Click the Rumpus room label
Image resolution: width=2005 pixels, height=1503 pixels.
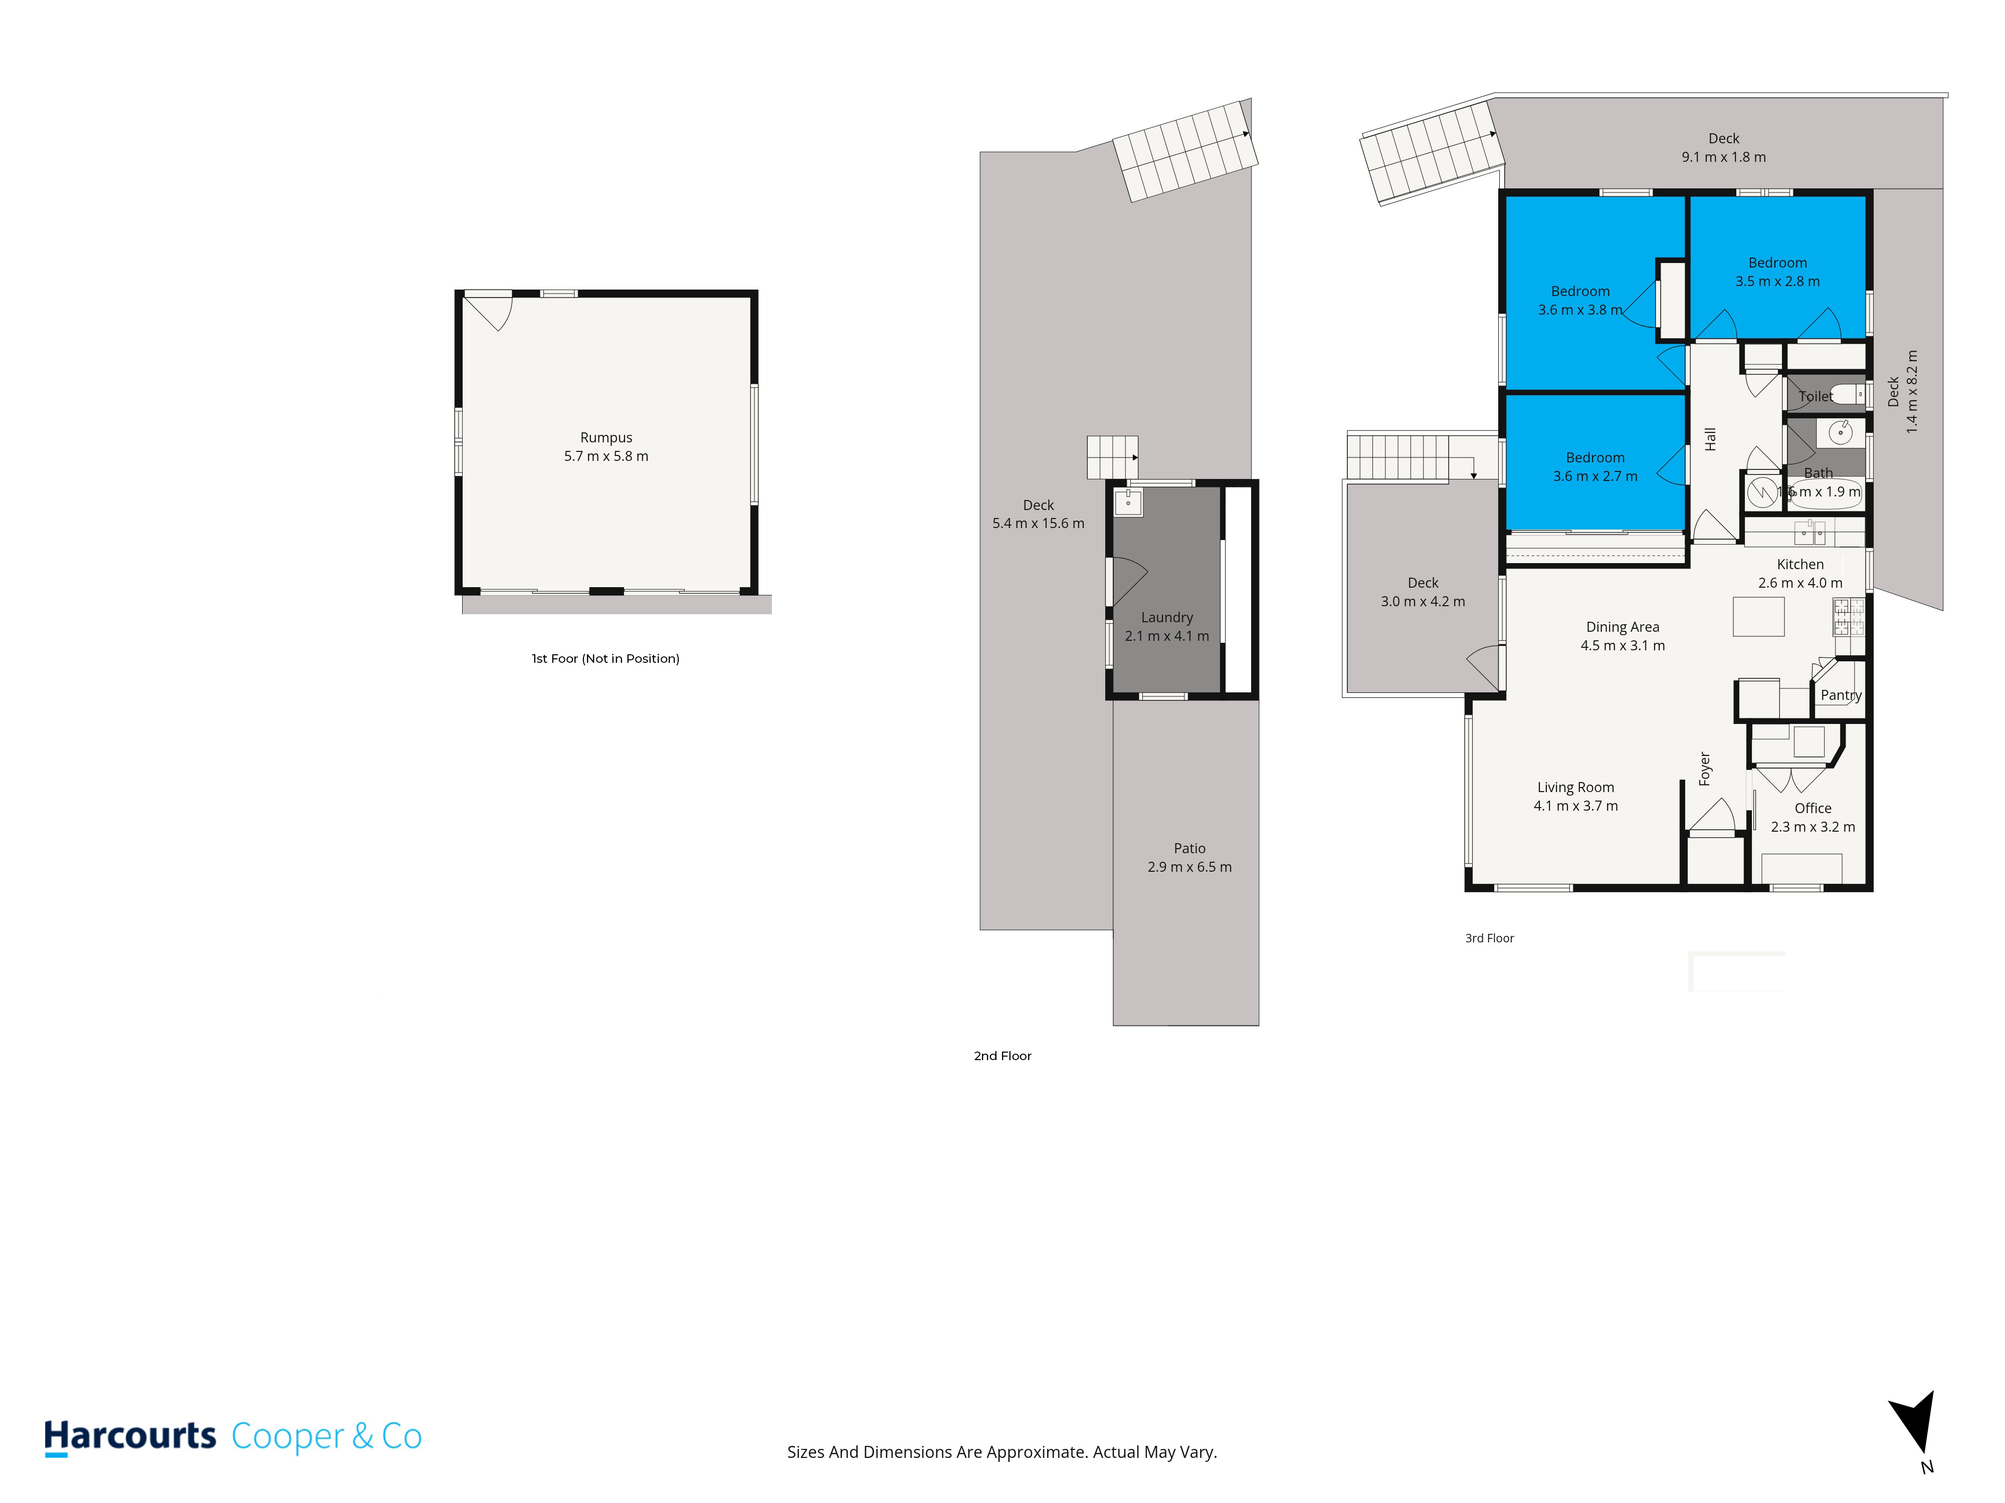(607, 437)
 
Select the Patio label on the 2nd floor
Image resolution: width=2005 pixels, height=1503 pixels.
(1189, 849)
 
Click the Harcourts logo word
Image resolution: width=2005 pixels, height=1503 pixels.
(130, 1436)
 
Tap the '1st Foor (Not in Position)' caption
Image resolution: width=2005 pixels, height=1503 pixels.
(606, 659)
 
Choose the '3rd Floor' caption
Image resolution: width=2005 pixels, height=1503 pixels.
(1489, 938)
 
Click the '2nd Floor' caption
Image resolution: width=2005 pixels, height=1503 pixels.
(1002, 1056)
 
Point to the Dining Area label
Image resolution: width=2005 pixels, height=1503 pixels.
(1623, 627)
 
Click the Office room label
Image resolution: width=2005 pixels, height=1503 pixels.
(1813, 808)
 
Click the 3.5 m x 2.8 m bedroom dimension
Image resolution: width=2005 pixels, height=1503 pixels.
(1777, 282)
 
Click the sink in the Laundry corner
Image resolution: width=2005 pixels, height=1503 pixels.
(1128, 502)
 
